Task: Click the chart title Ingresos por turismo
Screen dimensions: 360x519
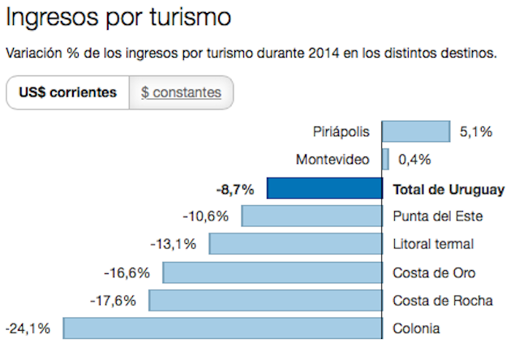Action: coord(118,17)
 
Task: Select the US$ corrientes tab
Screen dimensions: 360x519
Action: coord(67,92)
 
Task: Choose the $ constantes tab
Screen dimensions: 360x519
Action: coord(181,92)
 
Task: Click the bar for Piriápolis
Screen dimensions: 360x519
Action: coord(415,131)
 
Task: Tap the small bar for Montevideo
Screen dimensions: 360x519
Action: coord(386,159)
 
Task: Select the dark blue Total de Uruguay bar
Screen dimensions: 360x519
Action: coord(324,189)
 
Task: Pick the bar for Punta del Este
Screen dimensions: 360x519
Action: coord(312,216)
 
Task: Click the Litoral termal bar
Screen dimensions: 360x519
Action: coord(296,244)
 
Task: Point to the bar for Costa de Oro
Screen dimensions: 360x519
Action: coord(272,272)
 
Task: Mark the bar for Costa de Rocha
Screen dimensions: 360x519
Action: coord(265,300)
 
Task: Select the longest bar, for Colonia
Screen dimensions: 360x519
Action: coord(223,328)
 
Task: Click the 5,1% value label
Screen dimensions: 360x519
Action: coord(476,131)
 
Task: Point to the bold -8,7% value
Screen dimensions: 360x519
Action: coord(235,190)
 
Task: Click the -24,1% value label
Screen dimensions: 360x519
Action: coord(28,328)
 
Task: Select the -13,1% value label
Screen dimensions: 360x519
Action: coord(174,244)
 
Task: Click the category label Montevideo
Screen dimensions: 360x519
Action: coord(332,159)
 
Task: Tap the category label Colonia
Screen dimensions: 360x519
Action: coord(416,328)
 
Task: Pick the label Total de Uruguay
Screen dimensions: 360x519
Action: coord(448,190)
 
